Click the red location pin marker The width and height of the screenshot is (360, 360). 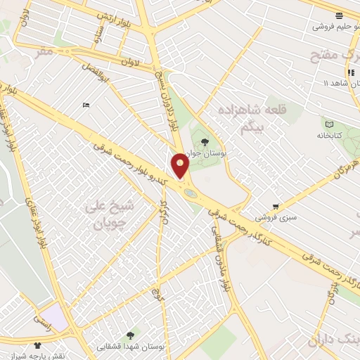click(x=181, y=165)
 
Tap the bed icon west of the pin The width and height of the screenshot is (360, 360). click(x=86, y=105)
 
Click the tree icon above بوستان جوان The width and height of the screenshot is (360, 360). click(x=205, y=143)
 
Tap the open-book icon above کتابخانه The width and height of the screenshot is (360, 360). click(x=331, y=123)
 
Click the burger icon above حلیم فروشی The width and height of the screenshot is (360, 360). click(x=339, y=15)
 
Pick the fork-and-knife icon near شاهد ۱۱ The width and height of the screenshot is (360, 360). click(x=349, y=72)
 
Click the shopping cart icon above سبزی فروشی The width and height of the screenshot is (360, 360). click(x=276, y=207)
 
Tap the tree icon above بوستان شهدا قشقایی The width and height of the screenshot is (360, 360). click(x=130, y=336)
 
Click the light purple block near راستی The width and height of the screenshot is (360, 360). click(x=54, y=316)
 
